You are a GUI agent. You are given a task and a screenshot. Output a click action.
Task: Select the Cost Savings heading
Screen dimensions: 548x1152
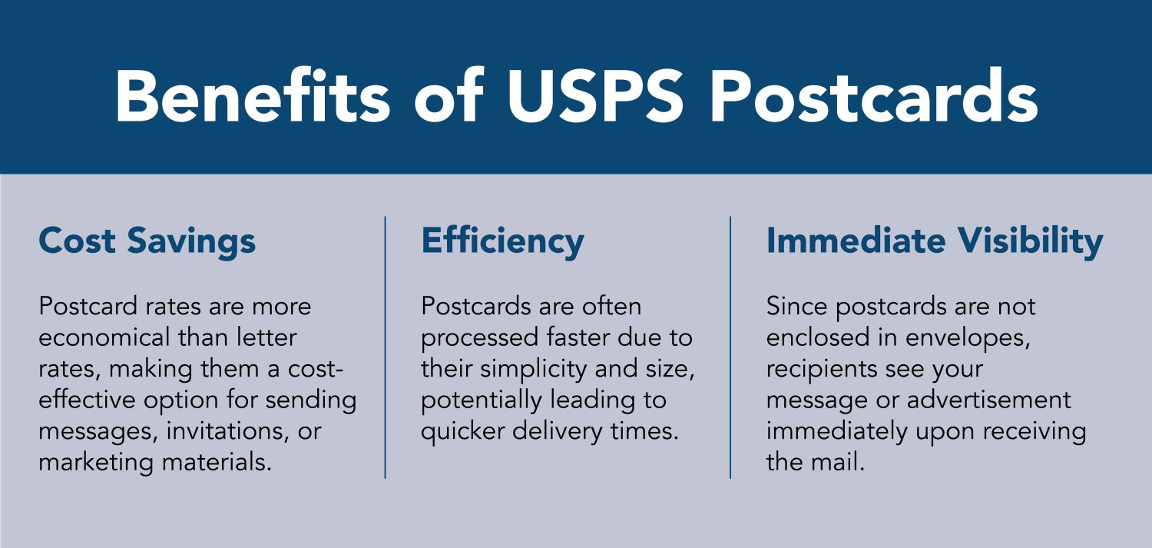147,241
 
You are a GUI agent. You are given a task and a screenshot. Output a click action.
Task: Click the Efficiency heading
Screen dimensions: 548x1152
502,241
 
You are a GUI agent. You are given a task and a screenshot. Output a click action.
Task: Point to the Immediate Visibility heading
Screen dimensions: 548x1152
935,241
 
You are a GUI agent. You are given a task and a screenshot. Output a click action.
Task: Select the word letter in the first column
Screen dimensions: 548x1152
263,337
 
